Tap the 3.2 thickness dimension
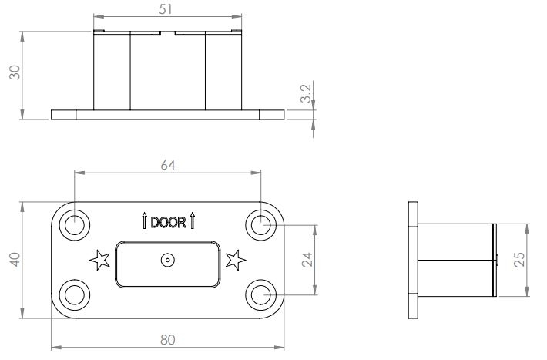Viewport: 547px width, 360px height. tap(305, 94)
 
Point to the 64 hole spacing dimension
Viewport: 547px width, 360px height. tap(168, 165)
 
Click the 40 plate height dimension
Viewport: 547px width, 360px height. tap(14, 260)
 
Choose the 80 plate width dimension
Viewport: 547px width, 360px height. tap(168, 339)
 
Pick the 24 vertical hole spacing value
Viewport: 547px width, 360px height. tap(307, 260)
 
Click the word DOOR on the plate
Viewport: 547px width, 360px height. tap(168, 223)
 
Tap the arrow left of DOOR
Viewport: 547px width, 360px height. tap(144, 222)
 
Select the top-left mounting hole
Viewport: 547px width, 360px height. tap(75, 224)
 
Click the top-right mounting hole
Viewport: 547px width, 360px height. tap(260, 224)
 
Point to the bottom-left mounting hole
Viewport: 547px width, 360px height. tap(75, 294)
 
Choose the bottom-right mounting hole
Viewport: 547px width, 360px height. tap(260, 294)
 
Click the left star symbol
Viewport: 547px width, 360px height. tap(99, 260)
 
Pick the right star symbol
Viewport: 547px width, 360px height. tap(236, 260)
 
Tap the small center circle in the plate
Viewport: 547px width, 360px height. tap(167, 261)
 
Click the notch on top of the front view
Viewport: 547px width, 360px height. tap(168, 33)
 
